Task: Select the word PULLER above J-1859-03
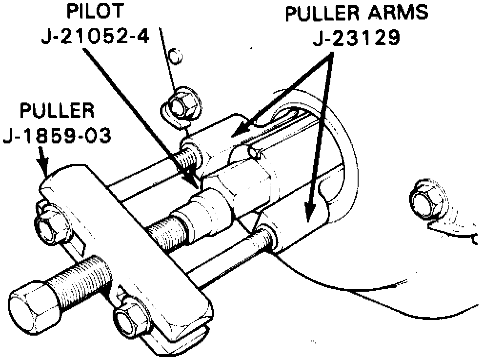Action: [57, 111]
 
